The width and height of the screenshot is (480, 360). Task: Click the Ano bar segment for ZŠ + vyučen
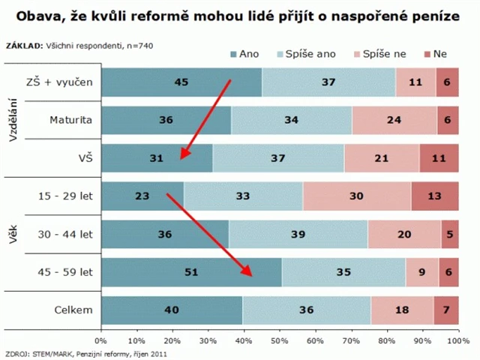pos(181,82)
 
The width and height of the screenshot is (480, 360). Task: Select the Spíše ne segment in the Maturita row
pos(394,120)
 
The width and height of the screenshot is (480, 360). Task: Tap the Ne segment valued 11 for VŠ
pos(439,158)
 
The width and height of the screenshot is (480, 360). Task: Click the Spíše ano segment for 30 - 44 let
pos(298,234)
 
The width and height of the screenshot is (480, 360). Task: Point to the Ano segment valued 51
pos(191,272)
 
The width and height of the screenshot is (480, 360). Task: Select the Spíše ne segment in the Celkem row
pos(401,310)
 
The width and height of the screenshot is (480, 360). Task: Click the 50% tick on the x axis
pos(280,340)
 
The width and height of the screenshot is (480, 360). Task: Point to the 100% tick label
pos(457,340)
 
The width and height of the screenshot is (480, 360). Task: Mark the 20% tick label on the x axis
pos(172,340)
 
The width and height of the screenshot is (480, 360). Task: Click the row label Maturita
pos(70,120)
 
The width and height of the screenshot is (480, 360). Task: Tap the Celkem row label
pos(73,310)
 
